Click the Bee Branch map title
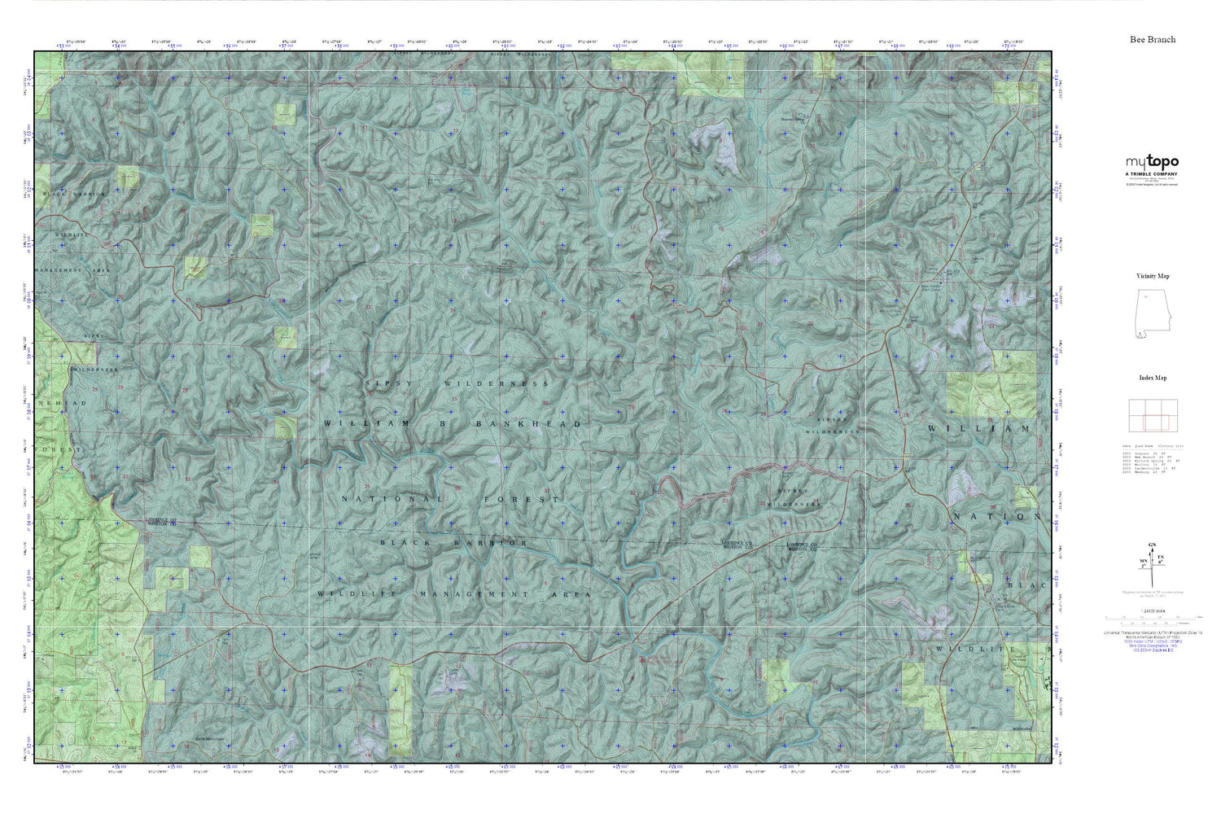click(1152, 39)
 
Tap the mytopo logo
click(1152, 162)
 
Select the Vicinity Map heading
click(1153, 276)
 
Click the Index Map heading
click(1153, 378)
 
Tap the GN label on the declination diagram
click(1152, 545)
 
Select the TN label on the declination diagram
click(1162, 558)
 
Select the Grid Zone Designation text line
click(1152, 648)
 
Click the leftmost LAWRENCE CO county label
click(161, 521)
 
